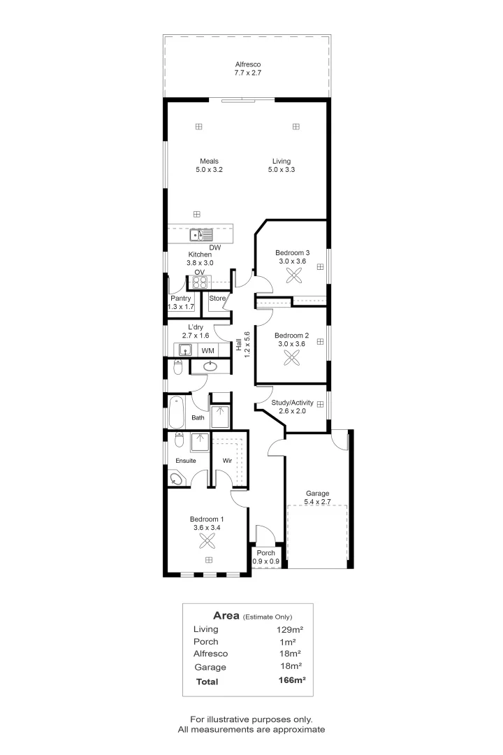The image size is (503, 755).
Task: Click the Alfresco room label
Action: click(x=248, y=64)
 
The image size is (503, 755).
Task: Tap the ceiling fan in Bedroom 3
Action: click(x=293, y=277)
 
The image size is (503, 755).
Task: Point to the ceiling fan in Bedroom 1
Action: click(x=207, y=540)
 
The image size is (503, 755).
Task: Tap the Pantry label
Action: click(x=181, y=299)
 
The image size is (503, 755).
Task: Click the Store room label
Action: click(x=218, y=299)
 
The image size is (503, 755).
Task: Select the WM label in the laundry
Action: click(x=207, y=350)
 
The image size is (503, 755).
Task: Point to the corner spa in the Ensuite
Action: click(x=177, y=479)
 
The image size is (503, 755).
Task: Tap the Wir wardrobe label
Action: click(x=227, y=461)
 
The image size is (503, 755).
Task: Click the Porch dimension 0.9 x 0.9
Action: click(x=266, y=561)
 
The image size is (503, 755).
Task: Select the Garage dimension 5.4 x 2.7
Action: click(x=317, y=502)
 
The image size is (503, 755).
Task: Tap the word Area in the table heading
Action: click(x=226, y=615)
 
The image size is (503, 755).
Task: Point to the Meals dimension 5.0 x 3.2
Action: click(x=209, y=170)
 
